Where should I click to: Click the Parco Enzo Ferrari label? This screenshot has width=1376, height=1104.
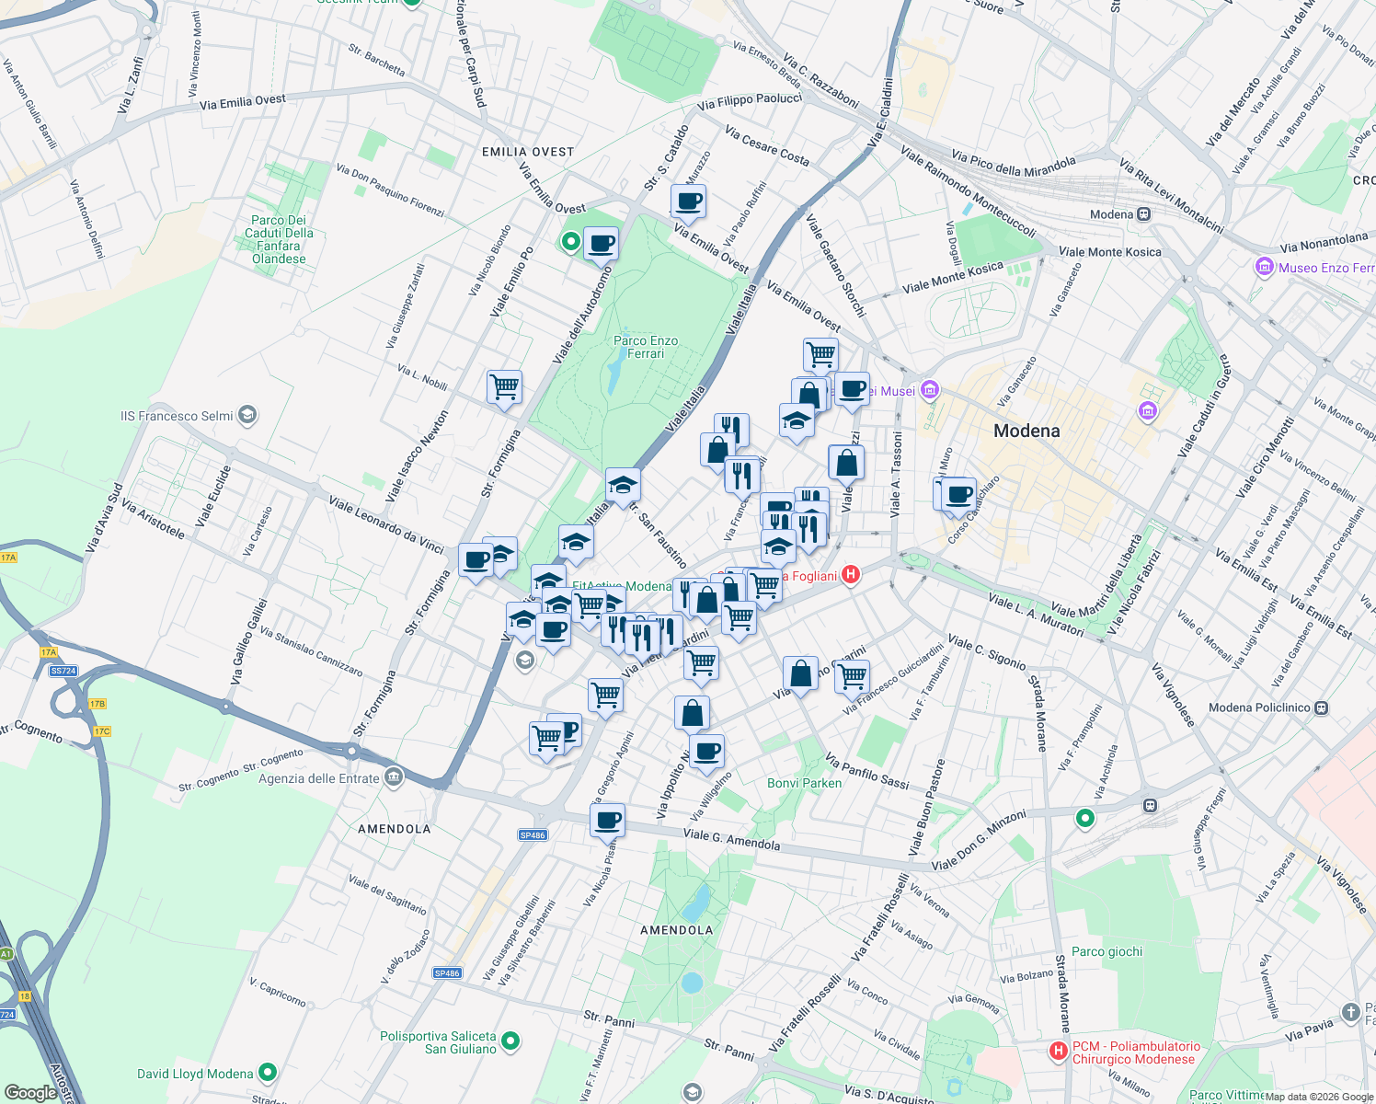click(x=646, y=347)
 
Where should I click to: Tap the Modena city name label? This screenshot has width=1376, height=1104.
click(x=1026, y=431)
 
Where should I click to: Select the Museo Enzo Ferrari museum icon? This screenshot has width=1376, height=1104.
click(x=1264, y=268)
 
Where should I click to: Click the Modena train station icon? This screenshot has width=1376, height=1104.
click(x=1143, y=214)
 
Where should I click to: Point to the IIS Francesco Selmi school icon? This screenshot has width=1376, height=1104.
click(x=247, y=416)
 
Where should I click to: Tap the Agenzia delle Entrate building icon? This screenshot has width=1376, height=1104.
click(x=394, y=778)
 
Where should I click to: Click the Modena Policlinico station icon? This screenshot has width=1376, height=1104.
click(x=1321, y=707)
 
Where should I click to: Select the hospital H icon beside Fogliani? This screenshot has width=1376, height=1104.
click(x=851, y=576)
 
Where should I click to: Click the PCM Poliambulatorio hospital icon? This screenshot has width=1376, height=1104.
click(x=1059, y=1050)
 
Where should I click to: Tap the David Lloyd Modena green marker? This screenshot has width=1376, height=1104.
click(x=268, y=1073)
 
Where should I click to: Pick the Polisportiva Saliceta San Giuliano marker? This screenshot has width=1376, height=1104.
click(x=510, y=1041)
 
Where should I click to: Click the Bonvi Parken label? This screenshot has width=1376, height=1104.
click(x=804, y=783)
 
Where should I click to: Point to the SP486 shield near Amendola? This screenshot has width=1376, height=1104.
click(x=533, y=835)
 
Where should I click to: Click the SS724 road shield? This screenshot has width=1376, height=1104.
click(x=63, y=671)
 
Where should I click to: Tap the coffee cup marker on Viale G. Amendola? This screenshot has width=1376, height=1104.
click(x=607, y=819)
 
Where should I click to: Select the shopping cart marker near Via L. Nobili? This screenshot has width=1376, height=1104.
click(x=504, y=386)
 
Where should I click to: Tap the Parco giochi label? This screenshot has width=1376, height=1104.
click(x=1107, y=951)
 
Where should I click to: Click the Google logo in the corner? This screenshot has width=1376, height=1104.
click(x=30, y=1093)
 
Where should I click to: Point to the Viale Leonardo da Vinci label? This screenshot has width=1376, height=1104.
click(x=386, y=524)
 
